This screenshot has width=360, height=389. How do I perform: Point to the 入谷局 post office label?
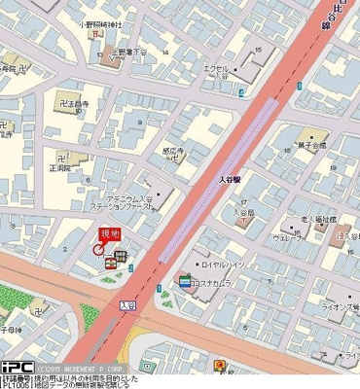tap(244, 214)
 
